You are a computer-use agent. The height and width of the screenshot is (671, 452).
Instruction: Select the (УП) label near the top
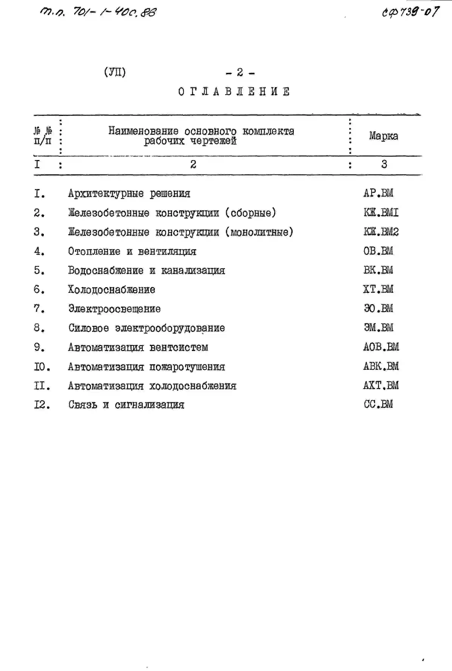point(115,72)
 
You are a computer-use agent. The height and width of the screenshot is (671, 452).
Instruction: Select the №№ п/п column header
point(43,136)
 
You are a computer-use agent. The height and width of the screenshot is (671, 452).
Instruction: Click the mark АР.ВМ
point(378,193)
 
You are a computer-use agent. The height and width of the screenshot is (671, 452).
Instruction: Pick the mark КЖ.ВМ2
point(381,232)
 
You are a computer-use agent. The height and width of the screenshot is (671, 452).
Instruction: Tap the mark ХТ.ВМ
point(378,289)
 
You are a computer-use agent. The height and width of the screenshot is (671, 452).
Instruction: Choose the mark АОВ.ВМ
point(381,347)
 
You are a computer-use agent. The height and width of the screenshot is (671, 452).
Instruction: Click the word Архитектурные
point(106,193)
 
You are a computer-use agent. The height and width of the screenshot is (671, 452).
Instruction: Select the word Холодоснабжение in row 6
point(112,289)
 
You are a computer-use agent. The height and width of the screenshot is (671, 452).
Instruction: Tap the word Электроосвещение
point(114,309)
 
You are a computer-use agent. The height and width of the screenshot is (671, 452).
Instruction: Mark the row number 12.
point(42,405)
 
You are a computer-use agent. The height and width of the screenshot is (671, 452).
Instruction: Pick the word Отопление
point(94,251)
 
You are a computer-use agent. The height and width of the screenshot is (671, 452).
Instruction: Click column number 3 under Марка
point(384,164)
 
